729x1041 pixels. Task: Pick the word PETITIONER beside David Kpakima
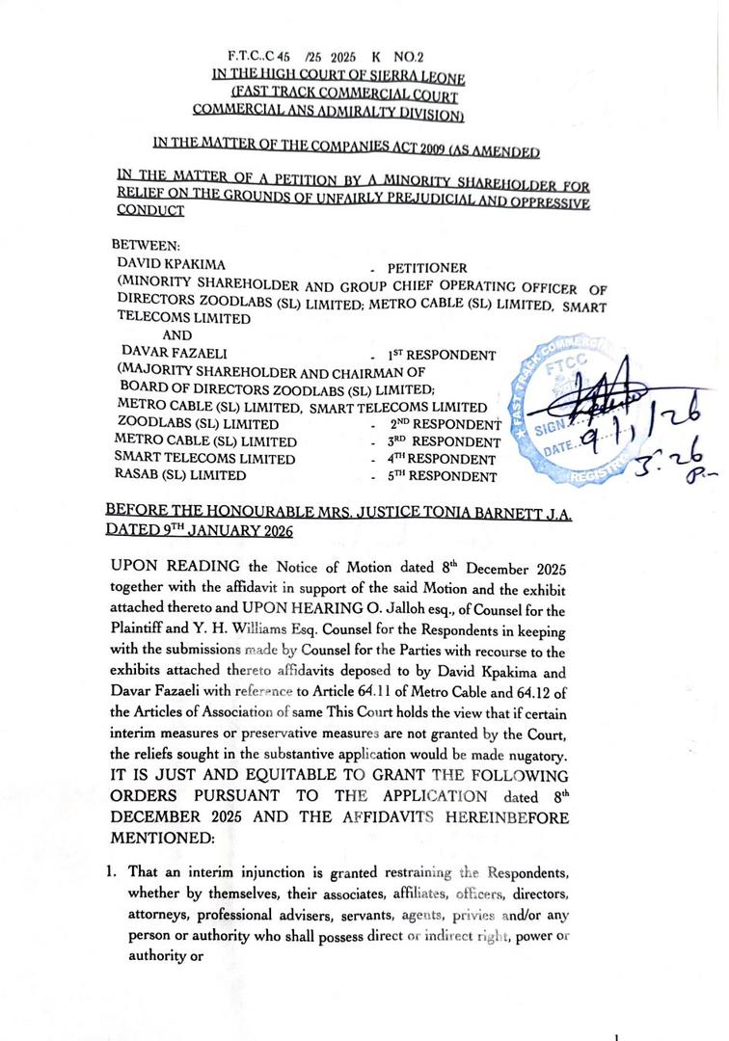coord(427,267)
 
